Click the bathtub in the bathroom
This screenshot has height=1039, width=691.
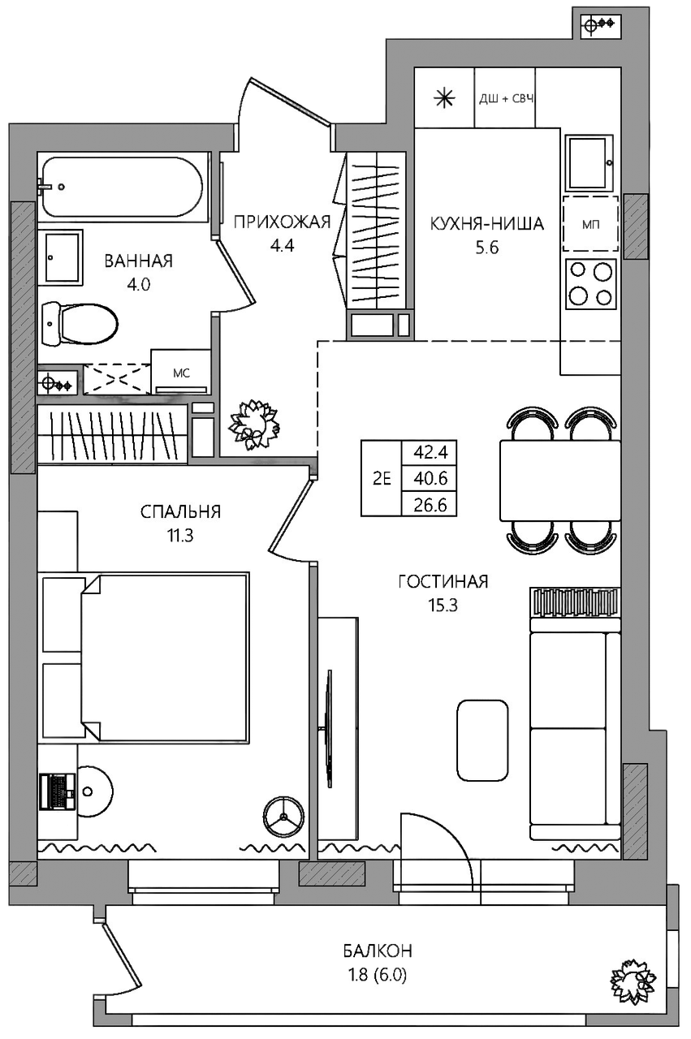click(123, 187)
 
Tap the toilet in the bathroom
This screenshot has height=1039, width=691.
click(80, 324)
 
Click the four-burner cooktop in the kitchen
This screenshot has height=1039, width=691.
click(590, 284)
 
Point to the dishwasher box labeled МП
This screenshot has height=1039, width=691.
click(591, 223)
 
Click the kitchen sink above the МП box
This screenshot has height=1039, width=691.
click(590, 162)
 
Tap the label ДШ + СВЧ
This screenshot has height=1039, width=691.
click(506, 98)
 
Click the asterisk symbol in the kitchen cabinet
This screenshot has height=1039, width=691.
click(444, 98)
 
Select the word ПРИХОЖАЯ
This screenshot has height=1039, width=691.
click(282, 222)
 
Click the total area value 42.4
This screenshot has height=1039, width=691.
click(430, 452)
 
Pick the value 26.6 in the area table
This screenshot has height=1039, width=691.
click(430, 504)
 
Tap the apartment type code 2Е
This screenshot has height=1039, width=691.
click(382, 479)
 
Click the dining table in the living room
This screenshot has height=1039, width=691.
click(560, 481)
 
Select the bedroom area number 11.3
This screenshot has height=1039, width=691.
click(180, 536)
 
